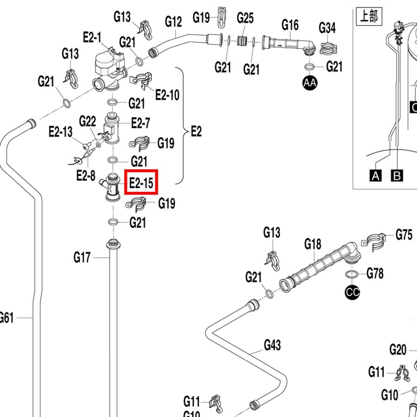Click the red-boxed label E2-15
141,182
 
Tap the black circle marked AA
310,83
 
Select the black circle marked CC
353,292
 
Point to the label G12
173,21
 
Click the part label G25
245,18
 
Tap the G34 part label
327,28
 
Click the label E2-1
92,38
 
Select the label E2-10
167,95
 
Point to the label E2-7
140,123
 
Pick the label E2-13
61,132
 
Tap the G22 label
88,122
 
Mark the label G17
82,258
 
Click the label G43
272,345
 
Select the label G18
313,244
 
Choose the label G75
404,235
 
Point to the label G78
375,273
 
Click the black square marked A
375,176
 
